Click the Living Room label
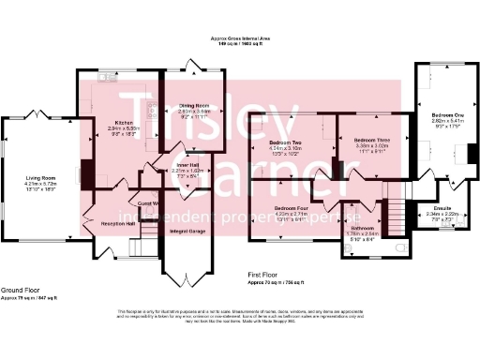click(42, 177)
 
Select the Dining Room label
click(190, 105)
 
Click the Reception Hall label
click(118, 224)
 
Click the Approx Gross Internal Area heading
click(241, 38)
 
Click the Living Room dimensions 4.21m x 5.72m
click(42, 183)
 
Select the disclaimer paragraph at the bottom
click(240, 316)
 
